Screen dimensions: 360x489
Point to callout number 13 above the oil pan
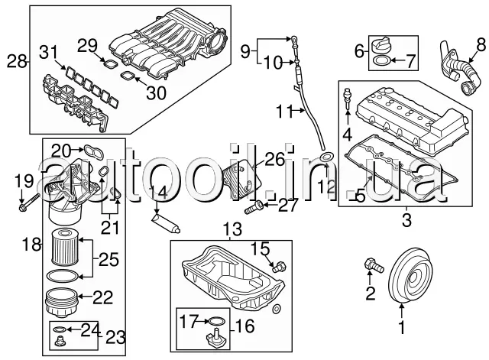(x=231, y=228)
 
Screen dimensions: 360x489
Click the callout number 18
(x=31, y=245)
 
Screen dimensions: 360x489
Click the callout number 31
(x=49, y=52)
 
